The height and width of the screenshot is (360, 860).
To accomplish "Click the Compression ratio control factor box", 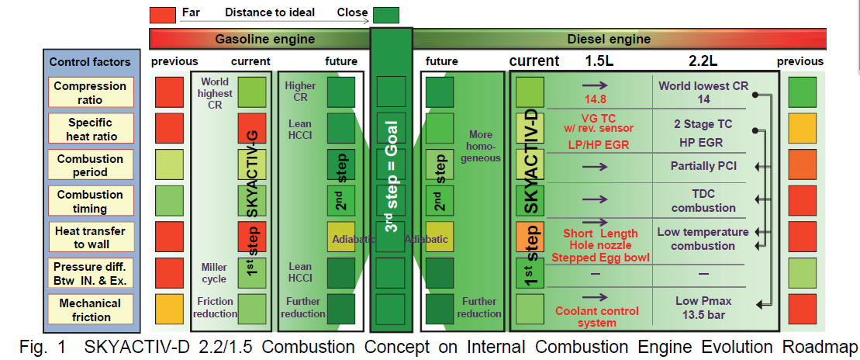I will click(90, 92).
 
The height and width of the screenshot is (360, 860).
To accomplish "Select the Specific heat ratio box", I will click(90, 128).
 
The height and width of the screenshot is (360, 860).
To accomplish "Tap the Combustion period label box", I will click(90, 164).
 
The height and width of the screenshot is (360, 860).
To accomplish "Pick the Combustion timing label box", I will click(90, 201).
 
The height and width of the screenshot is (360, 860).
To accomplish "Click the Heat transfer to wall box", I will click(90, 237).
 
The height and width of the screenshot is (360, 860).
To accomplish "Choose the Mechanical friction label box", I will click(90, 310).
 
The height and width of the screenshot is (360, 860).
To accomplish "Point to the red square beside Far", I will click(162, 13).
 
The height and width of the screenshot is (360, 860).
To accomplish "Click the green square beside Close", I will click(385, 14).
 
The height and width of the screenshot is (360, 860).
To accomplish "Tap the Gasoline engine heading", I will click(264, 39).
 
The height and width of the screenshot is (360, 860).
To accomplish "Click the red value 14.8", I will click(594, 99).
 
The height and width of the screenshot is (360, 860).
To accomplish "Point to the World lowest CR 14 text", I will click(703, 92).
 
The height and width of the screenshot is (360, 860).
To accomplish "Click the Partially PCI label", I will click(703, 165).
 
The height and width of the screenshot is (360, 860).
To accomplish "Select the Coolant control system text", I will click(596, 317).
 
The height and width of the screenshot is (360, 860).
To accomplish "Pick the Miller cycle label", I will click(213, 273).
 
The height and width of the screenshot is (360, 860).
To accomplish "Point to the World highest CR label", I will click(215, 93).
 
